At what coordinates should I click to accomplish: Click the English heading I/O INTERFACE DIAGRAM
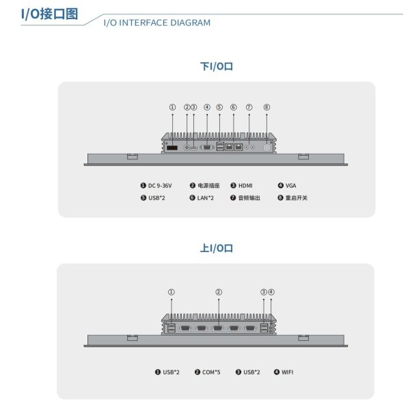(157, 23)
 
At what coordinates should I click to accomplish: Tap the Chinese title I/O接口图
(49, 14)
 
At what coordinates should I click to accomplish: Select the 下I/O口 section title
(217, 66)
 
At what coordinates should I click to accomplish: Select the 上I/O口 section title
(217, 248)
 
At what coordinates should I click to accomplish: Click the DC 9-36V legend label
(160, 186)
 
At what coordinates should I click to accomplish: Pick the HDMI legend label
(245, 186)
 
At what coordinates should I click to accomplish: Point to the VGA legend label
(290, 186)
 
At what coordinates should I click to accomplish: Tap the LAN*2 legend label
(205, 198)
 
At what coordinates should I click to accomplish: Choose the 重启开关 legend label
(297, 198)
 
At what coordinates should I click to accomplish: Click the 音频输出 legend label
(249, 198)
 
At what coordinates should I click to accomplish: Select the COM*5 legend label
(211, 372)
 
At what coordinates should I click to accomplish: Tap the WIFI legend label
(288, 372)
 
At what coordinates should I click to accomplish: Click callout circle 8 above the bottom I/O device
(266, 107)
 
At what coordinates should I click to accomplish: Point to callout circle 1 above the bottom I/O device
(172, 107)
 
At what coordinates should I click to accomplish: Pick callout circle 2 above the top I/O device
(219, 292)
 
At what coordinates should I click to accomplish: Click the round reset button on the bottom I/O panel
(266, 148)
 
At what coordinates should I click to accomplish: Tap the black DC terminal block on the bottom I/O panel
(172, 148)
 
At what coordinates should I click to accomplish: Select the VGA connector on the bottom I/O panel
(207, 148)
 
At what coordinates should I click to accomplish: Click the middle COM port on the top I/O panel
(217, 329)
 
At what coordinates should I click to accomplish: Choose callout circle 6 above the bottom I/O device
(234, 107)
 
